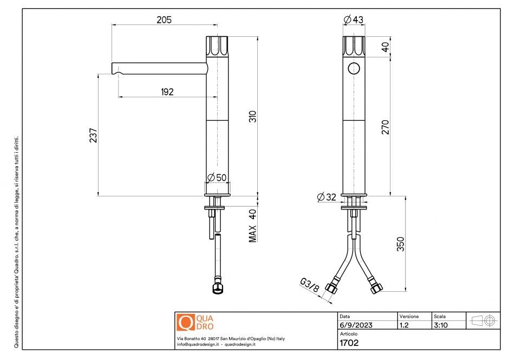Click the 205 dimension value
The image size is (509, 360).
pos(164,20)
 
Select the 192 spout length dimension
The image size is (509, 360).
pos(167,92)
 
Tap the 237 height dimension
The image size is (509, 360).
pos(93,135)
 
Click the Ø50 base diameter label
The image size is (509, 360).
pos(217,178)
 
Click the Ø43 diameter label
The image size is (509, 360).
pos(354,20)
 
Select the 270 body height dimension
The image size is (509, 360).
pos(386,126)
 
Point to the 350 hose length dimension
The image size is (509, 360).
pos(401,244)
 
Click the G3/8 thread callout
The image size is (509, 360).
pos(309,285)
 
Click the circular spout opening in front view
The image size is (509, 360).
pos(354,68)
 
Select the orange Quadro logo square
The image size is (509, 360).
pos(185,323)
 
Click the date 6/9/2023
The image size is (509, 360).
pos(356,325)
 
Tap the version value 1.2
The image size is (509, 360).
pos(404,325)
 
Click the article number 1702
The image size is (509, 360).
pos(349,342)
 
